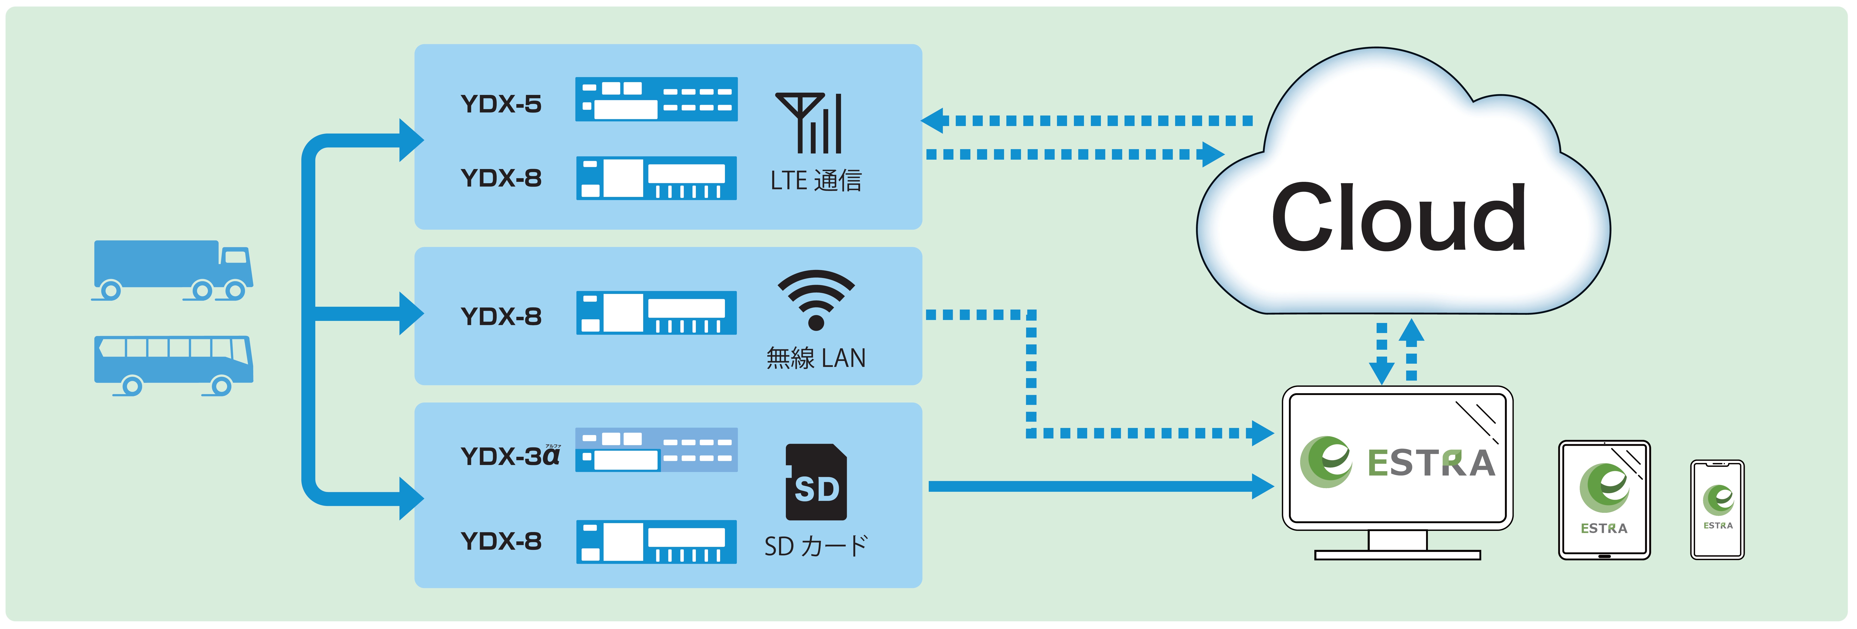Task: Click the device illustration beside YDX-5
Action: point(656,99)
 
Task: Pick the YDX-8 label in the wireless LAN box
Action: point(501,316)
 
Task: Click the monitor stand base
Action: point(1397,555)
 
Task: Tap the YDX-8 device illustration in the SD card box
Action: point(656,542)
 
